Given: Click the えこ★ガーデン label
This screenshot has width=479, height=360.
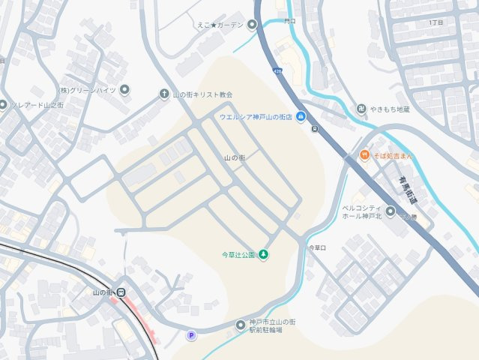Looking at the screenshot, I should [220, 25].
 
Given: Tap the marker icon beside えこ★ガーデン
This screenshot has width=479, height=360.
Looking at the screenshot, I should [252, 25].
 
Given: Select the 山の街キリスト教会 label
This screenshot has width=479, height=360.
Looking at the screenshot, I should [202, 94].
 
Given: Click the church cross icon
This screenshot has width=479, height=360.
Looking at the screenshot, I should [164, 94].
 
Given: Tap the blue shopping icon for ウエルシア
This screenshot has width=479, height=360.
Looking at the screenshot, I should [301, 116].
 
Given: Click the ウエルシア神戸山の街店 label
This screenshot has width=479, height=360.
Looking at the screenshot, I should [255, 117].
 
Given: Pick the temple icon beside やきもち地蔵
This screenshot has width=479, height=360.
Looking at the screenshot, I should [362, 109].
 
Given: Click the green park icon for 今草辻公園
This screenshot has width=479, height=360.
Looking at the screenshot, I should [264, 255].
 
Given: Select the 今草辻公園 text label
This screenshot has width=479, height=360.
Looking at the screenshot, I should [238, 255].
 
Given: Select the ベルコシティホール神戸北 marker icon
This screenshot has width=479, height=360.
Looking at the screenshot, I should [390, 211].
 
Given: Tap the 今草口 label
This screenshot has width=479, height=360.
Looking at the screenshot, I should [317, 247].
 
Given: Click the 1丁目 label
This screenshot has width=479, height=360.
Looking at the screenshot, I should [436, 23].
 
